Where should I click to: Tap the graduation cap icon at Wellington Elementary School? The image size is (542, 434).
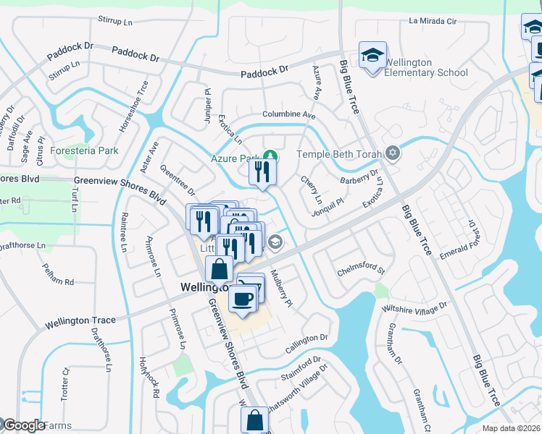click(x=372, y=55)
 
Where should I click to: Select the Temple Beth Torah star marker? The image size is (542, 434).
click(x=393, y=153)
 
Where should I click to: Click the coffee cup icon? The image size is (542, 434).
click(x=242, y=297)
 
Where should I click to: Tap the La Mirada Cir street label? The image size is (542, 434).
click(x=433, y=21)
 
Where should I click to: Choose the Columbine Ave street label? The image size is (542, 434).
click(x=289, y=115)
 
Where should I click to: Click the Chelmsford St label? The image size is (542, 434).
click(x=360, y=272)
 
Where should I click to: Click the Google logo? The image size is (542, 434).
click(x=23, y=425)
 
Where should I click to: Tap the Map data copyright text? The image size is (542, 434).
click(x=511, y=428)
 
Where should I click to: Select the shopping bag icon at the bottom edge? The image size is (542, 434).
click(x=254, y=420)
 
